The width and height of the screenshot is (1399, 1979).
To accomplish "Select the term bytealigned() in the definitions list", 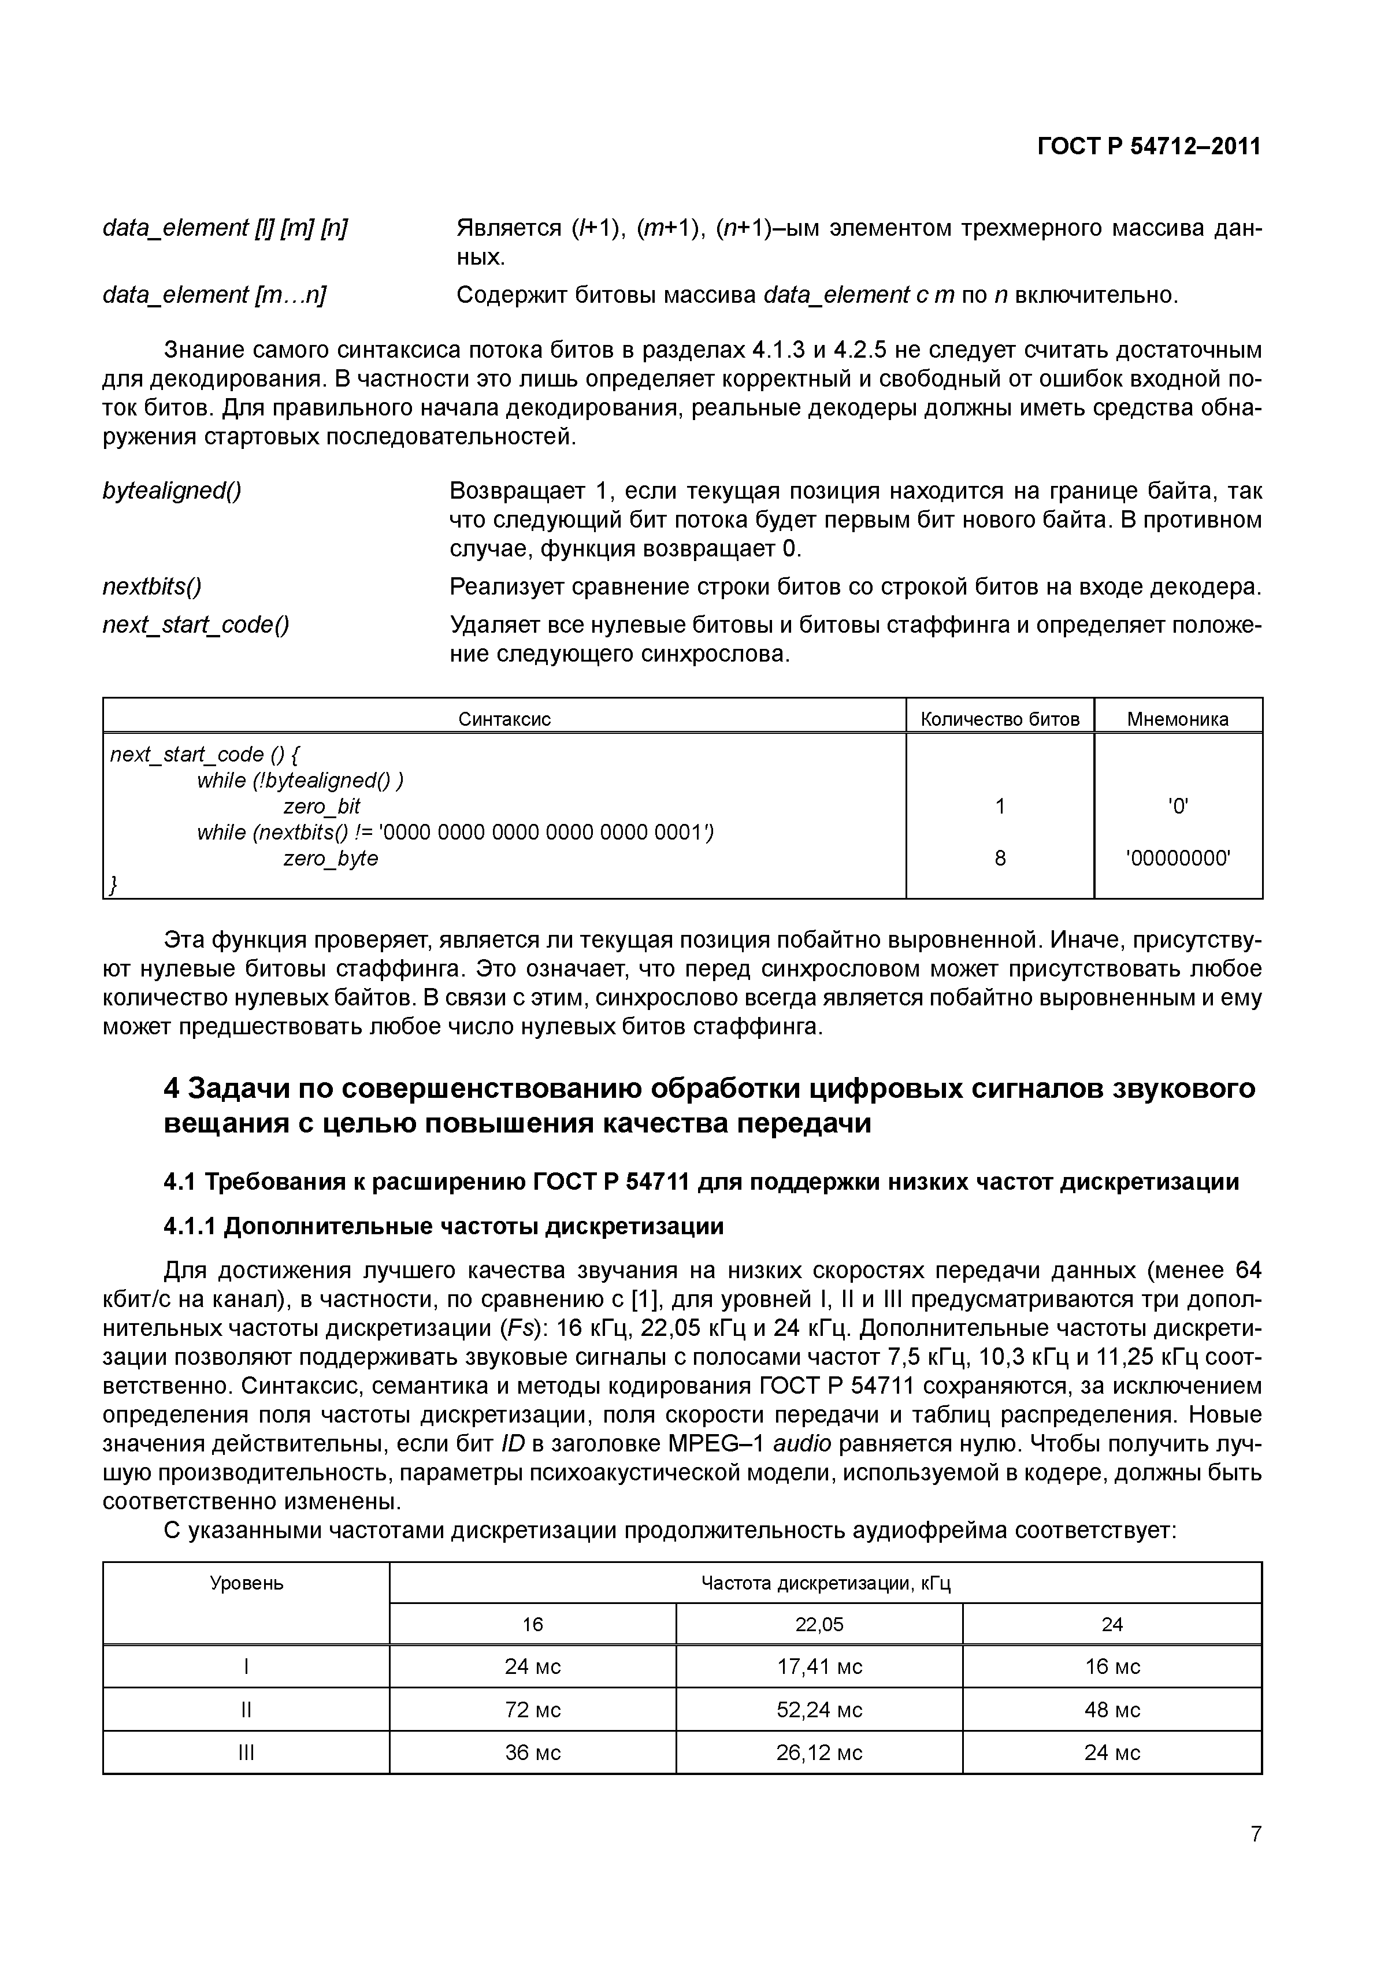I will tap(172, 491).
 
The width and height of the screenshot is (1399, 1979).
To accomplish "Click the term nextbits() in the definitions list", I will tap(152, 587).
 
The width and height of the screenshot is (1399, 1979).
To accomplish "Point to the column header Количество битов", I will tap(1000, 719).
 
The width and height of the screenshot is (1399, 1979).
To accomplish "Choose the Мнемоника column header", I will tap(1178, 719).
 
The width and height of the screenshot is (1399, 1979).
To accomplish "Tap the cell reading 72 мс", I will tap(533, 1709).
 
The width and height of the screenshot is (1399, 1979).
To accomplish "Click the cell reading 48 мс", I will tap(1112, 1709).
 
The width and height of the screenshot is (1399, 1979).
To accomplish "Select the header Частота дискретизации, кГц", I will tap(825, 1583).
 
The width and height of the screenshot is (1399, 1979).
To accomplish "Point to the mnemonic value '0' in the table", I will tap(1178, 807).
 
